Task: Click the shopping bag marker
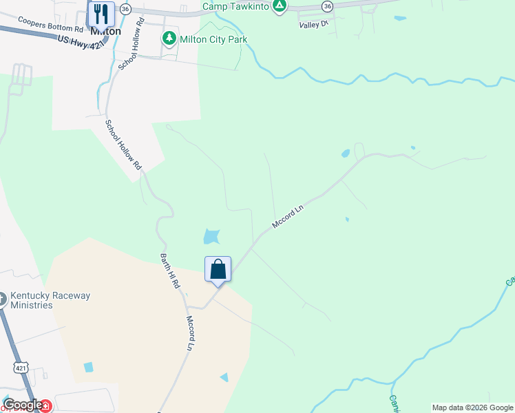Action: click(218, 269)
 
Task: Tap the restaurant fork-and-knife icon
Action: click(101, 13)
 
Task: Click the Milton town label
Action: click(105, 31)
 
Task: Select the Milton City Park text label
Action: click(213, 39)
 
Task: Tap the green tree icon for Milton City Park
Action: click(169, 39)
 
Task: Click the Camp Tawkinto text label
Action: click(235, 6)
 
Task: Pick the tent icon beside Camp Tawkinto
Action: click(279, 6)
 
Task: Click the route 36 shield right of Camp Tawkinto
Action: click(327, 6)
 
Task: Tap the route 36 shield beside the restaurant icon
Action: click(125, 8)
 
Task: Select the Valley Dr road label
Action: click(314, 25)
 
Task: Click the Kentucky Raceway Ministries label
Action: click(50, 300)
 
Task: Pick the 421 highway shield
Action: click(21, 369)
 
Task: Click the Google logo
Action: click(23, 405)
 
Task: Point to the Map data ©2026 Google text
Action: click(472, 407)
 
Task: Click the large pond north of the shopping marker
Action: click(211, 237)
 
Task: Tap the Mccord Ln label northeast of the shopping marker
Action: click(288, 215)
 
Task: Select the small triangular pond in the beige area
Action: click(224, 377)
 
